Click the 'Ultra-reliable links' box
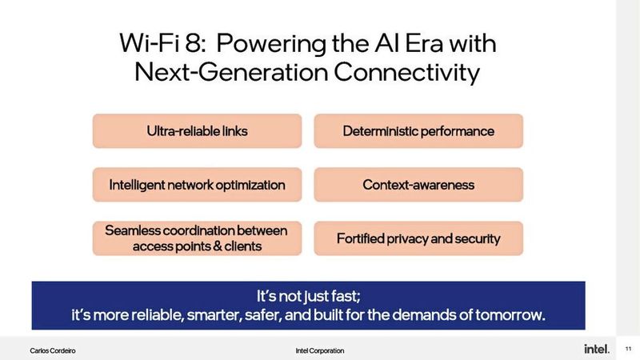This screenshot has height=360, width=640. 197,131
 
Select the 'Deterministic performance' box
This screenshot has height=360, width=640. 418,131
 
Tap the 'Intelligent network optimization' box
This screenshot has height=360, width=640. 197,185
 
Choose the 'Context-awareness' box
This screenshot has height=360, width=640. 418,185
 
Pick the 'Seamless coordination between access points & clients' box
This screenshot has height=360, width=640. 197,238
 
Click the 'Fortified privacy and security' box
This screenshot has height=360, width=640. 418,238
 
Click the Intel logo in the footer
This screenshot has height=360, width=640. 596,350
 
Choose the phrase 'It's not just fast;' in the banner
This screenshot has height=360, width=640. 308,294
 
